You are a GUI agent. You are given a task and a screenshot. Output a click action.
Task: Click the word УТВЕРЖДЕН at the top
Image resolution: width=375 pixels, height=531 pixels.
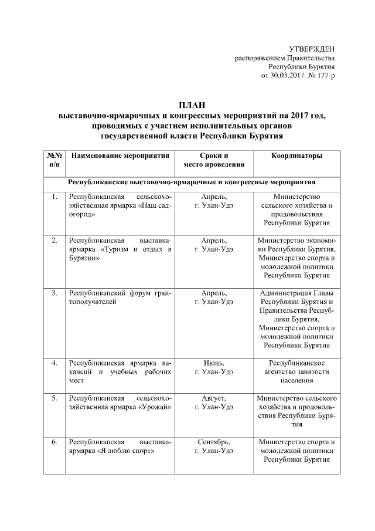pos(312,48)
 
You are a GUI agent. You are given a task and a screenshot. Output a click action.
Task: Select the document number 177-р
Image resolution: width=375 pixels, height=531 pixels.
pos(323,76)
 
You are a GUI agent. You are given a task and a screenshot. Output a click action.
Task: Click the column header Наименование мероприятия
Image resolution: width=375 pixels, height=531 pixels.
pos(120,156)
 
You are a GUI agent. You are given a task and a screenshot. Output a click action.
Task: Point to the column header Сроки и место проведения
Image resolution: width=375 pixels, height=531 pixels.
pos(214,161)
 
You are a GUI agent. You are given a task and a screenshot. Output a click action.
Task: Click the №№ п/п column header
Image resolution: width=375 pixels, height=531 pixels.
pos(54,161)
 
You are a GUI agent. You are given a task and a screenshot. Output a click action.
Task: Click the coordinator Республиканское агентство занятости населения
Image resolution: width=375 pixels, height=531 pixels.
pos(296,372)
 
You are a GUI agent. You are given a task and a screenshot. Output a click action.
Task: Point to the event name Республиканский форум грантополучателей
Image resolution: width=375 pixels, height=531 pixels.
pos(120,296)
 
